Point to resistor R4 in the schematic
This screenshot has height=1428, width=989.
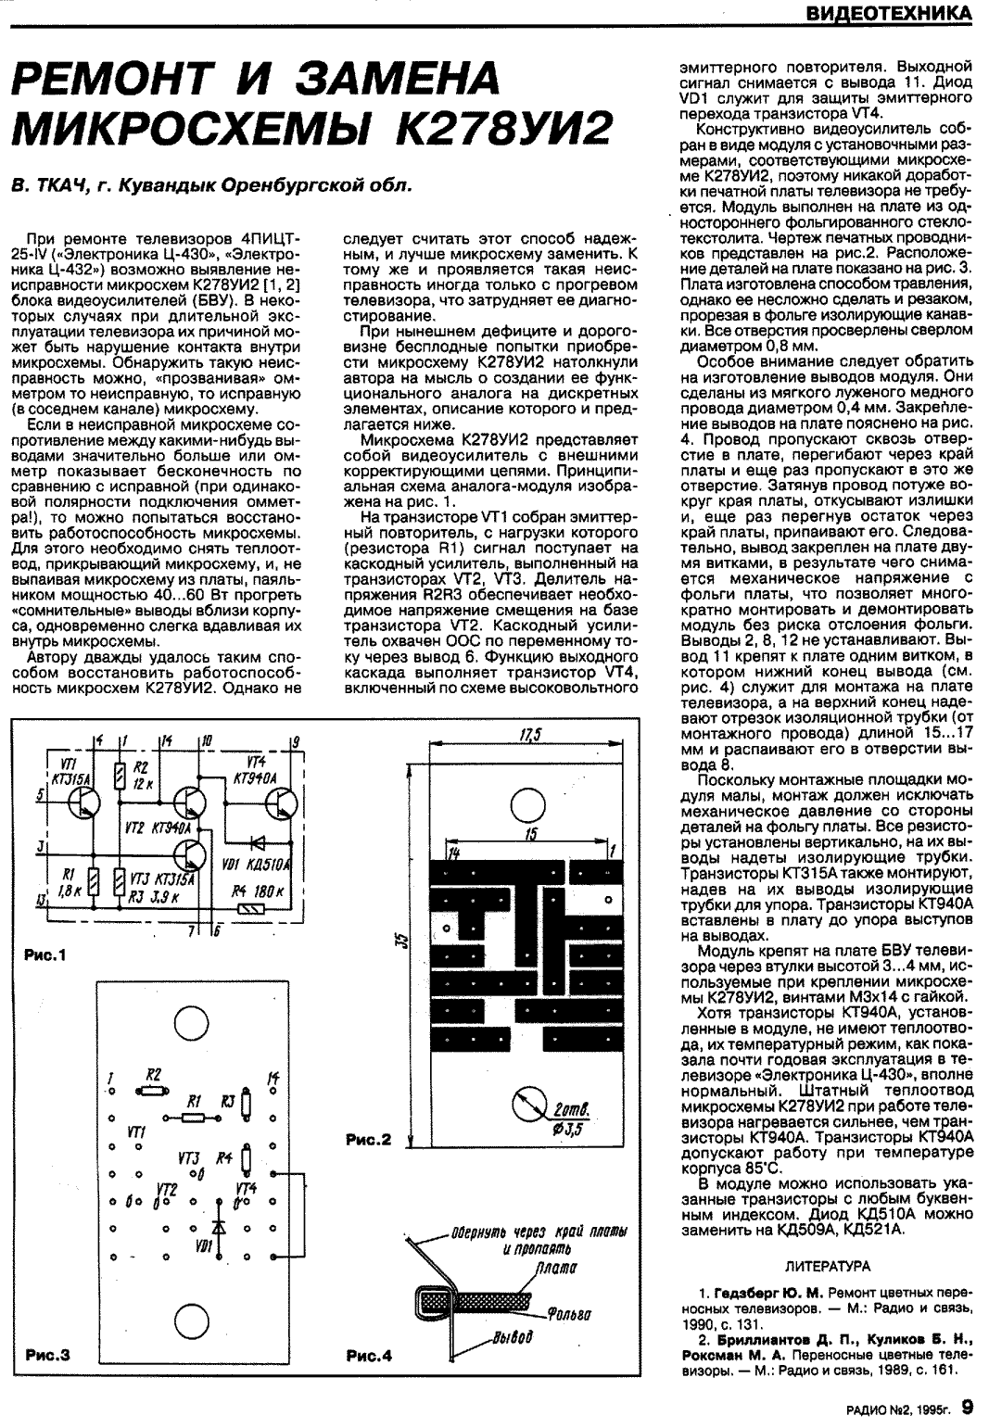(x=251, y=909)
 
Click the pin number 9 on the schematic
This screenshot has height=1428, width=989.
(x=295, y=741)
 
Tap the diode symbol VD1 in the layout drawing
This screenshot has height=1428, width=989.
(x=219, y=1225)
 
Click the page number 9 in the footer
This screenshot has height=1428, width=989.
(x=968, y=1407)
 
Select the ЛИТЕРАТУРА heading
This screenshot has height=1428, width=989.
(x=827, y=1264)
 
